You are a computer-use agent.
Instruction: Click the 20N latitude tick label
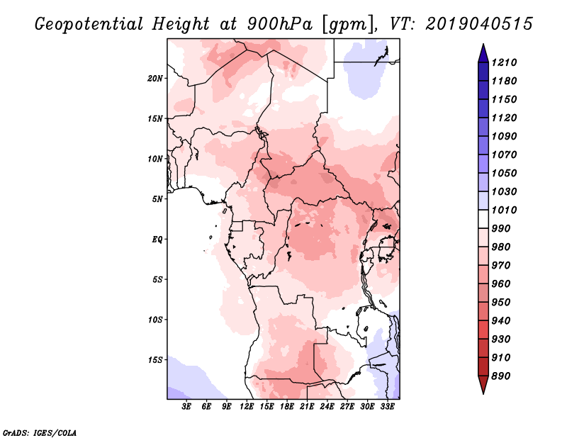tap(155, 79)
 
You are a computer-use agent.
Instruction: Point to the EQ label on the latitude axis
tap(157, 240)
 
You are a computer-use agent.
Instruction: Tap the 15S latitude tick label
tap(155, 360)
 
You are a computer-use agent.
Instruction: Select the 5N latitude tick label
tap(157, 199)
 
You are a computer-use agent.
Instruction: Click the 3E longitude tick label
tap(186, 406)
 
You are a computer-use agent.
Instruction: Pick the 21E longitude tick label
tap(307, 406)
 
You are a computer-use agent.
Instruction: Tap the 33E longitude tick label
tap(387, 406)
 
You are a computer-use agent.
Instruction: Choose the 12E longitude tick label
tap(247, 406)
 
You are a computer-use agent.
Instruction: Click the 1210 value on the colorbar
tap(504, 62)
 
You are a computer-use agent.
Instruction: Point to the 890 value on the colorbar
tap(501, 376)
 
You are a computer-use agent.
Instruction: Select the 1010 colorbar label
tap(504, 210)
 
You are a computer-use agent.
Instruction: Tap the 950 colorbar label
tap(501, 303)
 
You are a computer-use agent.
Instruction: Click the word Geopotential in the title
tap(89, 25)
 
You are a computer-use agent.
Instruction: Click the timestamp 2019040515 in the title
tap(479, 24)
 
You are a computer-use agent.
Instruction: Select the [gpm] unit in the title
tap(347, 25)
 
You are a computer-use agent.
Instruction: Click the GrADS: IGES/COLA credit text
tap(40, 433)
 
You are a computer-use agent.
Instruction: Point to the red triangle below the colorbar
tap(483, 383)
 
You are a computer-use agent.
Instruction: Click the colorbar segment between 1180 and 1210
tap(483, 72)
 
